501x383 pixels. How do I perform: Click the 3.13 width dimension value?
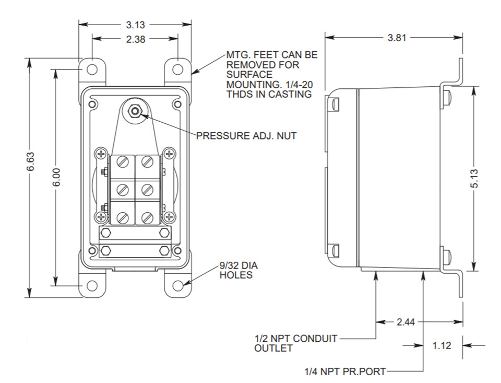pos(136,25)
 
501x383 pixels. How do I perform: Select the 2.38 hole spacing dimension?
pos(136,39)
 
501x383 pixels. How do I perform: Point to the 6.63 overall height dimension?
pos(30,161)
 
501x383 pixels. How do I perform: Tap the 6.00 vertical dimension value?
pos(56,177)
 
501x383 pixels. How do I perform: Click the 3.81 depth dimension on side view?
pos(397,38)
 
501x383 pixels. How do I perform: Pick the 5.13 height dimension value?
pos(474,178)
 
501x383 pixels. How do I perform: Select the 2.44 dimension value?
pos(406,322)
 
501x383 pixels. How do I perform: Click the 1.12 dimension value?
pos(442,345)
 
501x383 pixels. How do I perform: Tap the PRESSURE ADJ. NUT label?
pos(246,136)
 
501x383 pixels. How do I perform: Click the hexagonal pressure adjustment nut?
pos(135,111)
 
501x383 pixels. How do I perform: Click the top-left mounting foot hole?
pos(92,69)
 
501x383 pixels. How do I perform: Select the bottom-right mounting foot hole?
pos(177,285)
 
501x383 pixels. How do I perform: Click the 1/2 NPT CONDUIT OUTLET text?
pos(295,343)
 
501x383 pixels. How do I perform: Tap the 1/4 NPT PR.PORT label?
pos(345,372)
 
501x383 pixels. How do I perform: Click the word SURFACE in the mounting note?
pos(249,75)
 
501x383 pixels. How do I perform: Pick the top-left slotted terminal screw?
pos(123,161)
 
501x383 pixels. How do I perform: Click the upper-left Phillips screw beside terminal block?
pos(101,154)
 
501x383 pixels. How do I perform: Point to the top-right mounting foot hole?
pos(177,69)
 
